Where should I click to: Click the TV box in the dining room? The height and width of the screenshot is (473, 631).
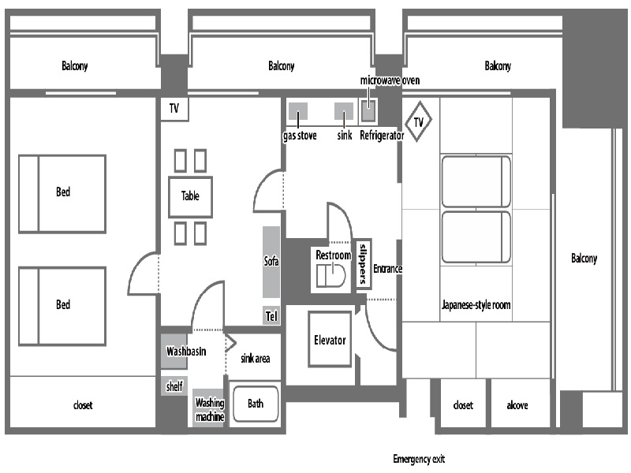point(174,110)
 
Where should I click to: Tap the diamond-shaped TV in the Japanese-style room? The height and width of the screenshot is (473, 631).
point(418,122)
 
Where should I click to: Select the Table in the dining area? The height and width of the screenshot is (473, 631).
point(190,196)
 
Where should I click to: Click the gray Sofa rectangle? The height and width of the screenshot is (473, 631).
point(271,262)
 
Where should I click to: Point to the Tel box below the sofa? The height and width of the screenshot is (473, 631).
point(271,316)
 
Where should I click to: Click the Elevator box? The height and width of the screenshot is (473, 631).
point(330,340)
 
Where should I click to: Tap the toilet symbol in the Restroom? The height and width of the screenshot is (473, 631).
point(330,276)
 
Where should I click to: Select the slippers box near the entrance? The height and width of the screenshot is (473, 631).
point(363,264)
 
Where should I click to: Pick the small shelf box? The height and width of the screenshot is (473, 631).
point(174,386)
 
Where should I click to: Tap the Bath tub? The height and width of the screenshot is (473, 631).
point(256,404)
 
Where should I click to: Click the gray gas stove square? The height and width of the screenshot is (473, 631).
point(297,110)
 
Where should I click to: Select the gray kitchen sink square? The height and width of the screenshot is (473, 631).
point(344,110)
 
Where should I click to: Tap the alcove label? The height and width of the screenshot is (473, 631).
point(517,406)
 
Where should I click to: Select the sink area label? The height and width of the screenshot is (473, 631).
point(254,359)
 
